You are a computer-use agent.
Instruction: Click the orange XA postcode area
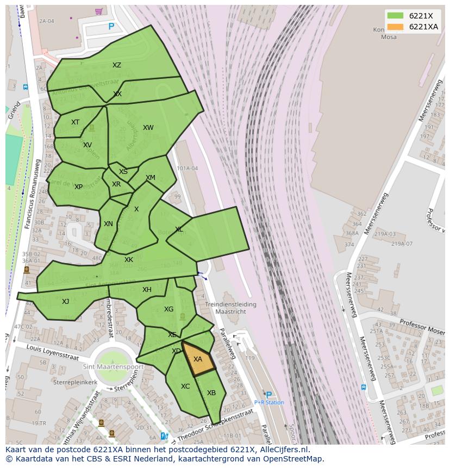pos(198,359)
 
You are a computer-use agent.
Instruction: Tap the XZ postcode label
pos(117,65)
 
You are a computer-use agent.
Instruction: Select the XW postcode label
pos(148,128)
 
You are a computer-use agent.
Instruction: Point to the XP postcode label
pos(78,187)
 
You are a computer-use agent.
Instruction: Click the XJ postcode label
pos(65,302)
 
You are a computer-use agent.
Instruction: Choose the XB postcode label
pos(211,393)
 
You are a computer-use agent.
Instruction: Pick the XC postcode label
pos(185,386)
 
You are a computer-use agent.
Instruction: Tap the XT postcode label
pos(75,122)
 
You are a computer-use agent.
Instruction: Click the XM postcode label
pos(151,178)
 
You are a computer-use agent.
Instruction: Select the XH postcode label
pos(147,290)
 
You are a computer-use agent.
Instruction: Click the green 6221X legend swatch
pos(395,16)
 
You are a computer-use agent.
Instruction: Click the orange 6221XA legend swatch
pos(395,27)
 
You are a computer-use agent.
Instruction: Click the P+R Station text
pos(269,403)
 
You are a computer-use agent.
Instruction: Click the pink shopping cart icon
pos(98,11)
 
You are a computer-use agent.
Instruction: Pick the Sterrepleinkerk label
pos(76,383)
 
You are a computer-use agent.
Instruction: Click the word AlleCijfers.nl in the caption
pos(283,450)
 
